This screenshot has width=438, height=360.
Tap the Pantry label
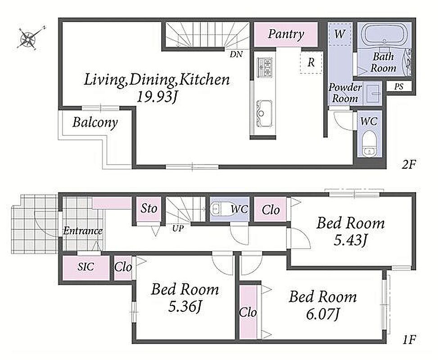(x=286, y=34)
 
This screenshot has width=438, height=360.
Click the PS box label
(x=399, y=86)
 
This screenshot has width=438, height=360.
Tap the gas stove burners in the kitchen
(x=265, y=67)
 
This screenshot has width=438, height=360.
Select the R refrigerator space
(x=311, y=63)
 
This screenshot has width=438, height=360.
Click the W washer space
(x=339, y=34)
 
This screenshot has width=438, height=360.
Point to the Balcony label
(x=95, y=122)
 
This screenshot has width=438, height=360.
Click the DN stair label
(x=236, y=54)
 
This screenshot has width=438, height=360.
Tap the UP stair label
(x=178, y=229)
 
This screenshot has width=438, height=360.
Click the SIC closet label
(x=86, y=267)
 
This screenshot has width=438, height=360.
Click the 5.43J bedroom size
(x=350, y=240)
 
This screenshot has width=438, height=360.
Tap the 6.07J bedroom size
(x=323, y=314)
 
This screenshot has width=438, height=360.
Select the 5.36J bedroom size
(x=185, y=306)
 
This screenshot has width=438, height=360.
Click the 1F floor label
(x=409, y=340)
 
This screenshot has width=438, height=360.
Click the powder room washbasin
(x=373, y=93)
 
